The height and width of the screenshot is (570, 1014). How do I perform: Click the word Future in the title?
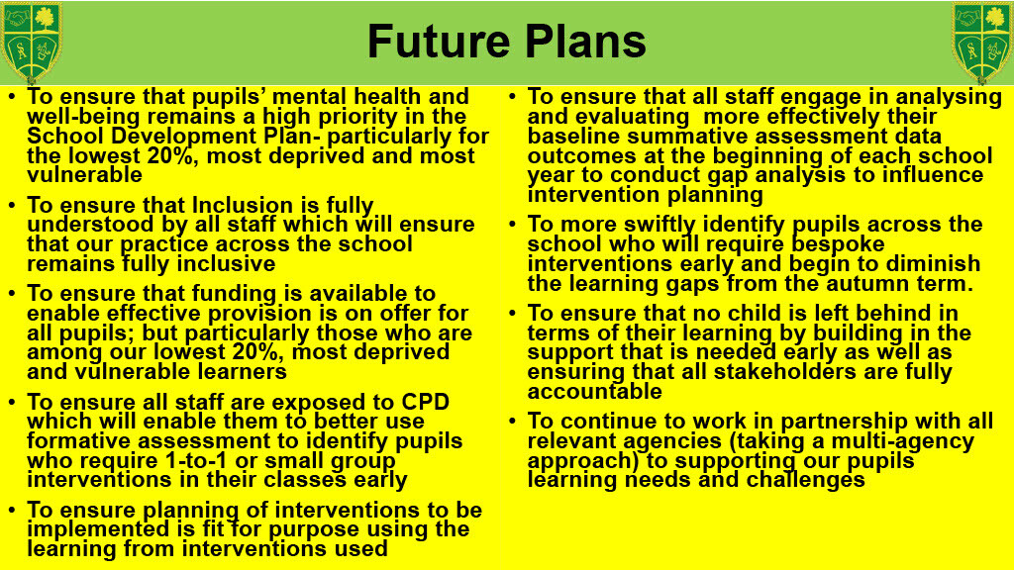pos(439,42)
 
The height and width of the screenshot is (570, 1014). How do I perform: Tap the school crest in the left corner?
pos(32,42)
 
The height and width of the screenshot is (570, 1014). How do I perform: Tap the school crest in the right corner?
pos(981,42)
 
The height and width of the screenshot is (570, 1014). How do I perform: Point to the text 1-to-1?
pos(196,461)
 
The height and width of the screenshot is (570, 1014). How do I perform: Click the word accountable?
pos(594,392)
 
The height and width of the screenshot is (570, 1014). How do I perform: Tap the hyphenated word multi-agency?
pos(903,441)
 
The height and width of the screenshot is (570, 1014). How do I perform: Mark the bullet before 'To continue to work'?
pos(512,422)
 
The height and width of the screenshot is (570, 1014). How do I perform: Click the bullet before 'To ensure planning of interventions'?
pos(12,511)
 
